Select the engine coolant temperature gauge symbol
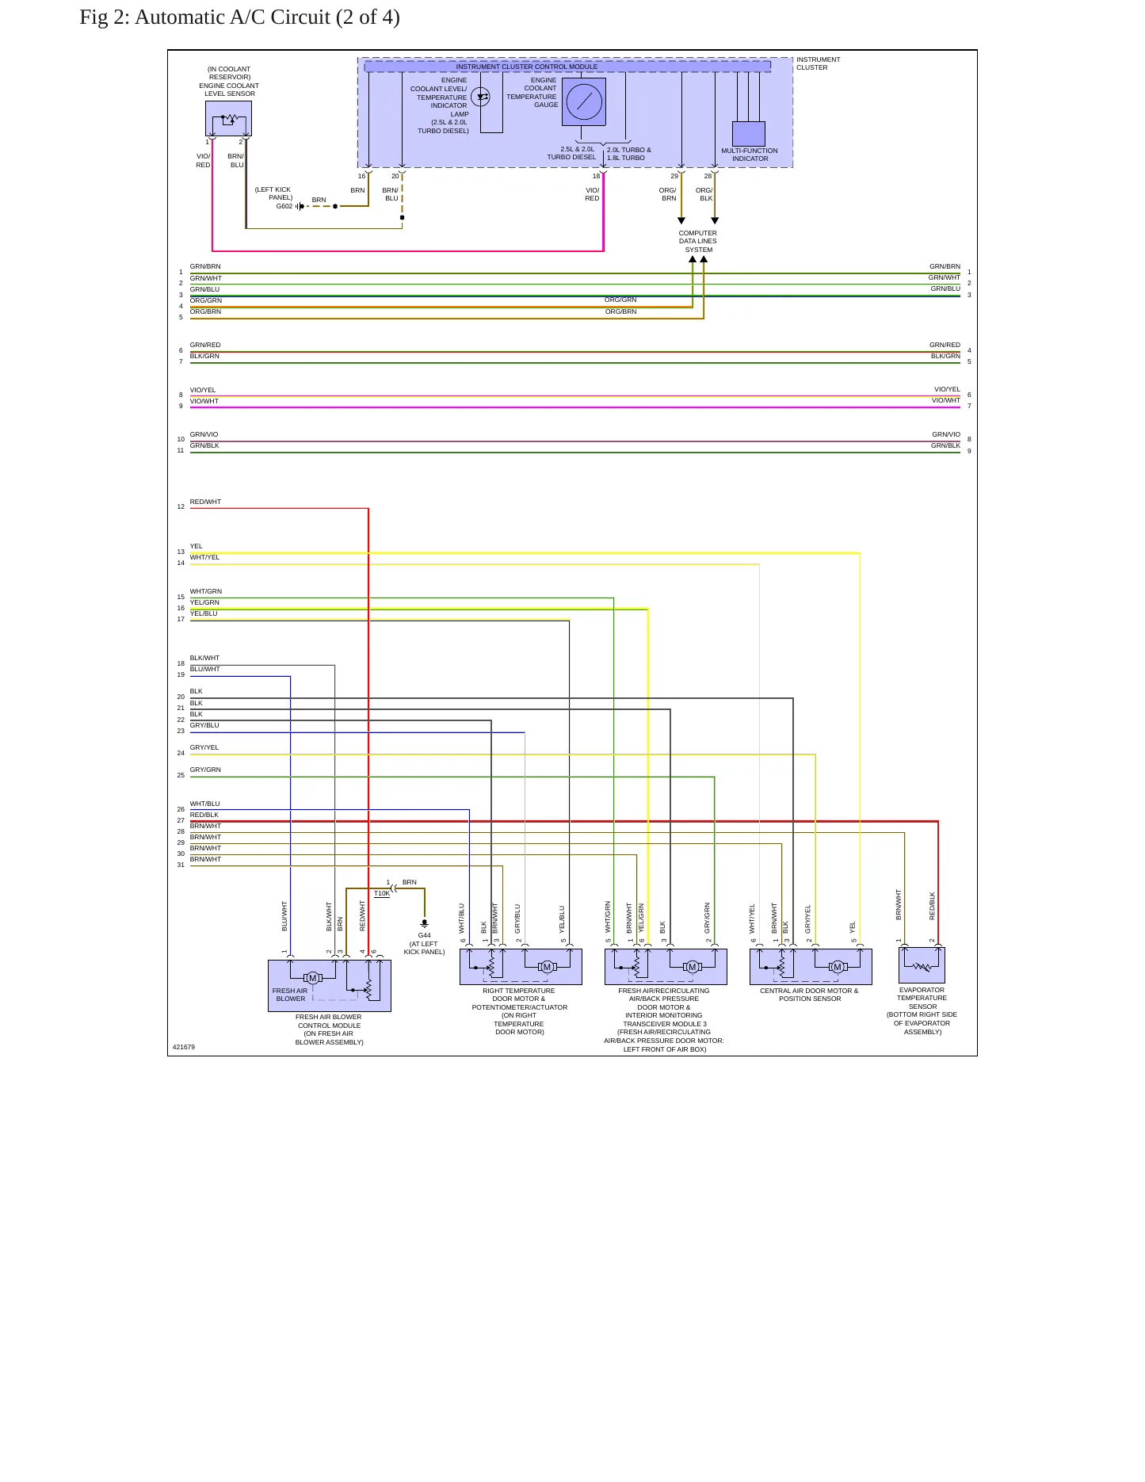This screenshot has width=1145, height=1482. (x=584, y=101)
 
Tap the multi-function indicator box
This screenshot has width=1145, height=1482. (x=749, y=133)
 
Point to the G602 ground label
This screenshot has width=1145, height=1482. (x=284, y=206)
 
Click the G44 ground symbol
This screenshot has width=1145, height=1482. (x=425, y=923)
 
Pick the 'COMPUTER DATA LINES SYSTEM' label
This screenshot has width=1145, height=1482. (x=697, y=242)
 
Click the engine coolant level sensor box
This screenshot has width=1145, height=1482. (x=228, y=119)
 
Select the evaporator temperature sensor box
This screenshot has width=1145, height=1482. (x=922, y=965)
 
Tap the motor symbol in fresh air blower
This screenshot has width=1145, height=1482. (x=313, y=978)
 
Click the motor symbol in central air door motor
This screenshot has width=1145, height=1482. (x=838, y=967)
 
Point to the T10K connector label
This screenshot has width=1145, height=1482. (x=382, y=894)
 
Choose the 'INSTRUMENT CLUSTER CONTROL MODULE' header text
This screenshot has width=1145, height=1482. (x=527, y=67)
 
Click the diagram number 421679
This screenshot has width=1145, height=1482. (x=184, y=1047)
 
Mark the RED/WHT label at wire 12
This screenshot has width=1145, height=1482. (x=205, y=502)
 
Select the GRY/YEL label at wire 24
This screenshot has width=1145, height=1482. (x=204, y=747)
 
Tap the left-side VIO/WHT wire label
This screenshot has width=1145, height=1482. (x=204, y=401)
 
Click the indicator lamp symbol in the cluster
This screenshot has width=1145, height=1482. (x=480, y=97)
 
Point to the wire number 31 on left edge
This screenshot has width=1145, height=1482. (x=181, y=865)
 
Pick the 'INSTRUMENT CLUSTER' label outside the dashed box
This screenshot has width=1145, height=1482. (x=819, y=63)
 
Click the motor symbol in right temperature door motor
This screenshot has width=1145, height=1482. (x=547, y=967)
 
